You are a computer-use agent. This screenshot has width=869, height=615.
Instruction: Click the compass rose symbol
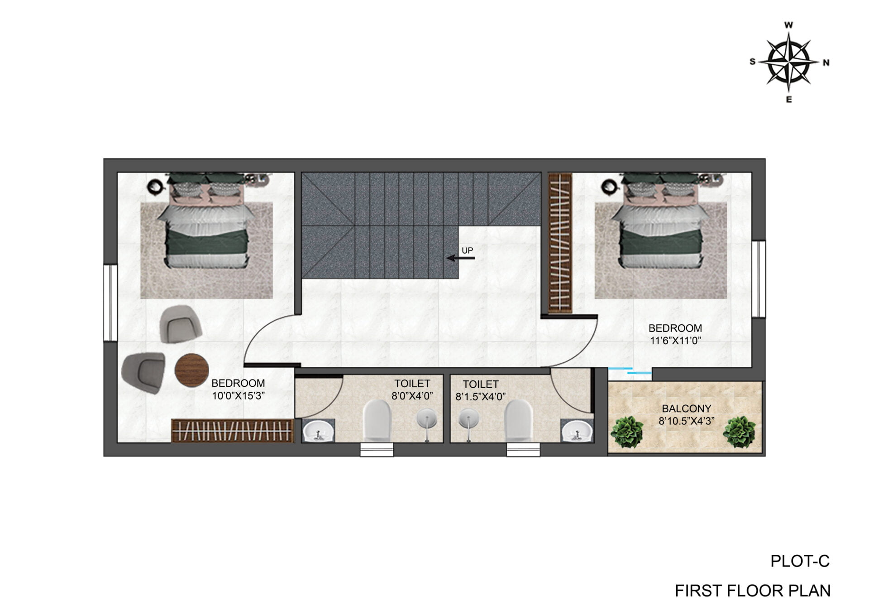tap(789, 62)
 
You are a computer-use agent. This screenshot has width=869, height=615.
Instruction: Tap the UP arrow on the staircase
tap(461, 258)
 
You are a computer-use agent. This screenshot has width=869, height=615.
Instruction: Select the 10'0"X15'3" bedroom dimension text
tap(238, 396)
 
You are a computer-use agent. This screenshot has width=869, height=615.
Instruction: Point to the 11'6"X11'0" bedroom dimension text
tap(675, 341)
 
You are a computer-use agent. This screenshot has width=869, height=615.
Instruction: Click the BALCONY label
tap(686, 408)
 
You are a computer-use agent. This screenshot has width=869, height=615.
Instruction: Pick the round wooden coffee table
tap(191, 370)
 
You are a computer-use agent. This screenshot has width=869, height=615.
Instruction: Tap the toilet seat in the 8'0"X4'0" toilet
tap(377, 420)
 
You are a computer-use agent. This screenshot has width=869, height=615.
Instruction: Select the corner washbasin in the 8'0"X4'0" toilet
tap(318, 431)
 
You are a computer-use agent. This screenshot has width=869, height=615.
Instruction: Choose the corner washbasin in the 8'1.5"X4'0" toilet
tap(577, 431)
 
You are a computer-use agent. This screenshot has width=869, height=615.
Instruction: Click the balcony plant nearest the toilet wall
tap(627, 432)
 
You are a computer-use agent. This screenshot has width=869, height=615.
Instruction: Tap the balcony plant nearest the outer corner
tap(739, 432)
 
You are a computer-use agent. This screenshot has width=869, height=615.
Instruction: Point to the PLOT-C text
tap(800, 562)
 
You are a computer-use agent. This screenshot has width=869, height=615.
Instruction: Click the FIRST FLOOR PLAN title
tap(753, 591)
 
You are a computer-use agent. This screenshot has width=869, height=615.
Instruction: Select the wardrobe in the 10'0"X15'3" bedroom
tap(233, 431)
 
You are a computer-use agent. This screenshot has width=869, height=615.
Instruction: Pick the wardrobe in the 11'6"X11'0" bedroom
tap(560, 243)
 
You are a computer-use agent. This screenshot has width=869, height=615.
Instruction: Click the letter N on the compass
tap(826, 63)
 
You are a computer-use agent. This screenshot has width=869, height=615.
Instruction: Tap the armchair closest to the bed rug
tap(180, 324)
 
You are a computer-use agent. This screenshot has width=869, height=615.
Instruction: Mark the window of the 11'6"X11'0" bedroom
tap(759, 279)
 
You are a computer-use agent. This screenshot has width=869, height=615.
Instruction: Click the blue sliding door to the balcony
tap(630, 371)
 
